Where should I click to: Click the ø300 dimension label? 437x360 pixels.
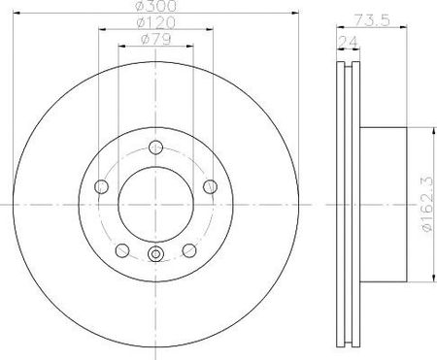[x=155, y=6]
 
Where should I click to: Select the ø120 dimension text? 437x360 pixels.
[x=155, y=22]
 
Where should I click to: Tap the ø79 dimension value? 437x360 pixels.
[x=155, y=39]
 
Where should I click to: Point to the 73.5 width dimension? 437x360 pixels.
[x=372, y=20]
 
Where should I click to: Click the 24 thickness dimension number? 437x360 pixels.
[x=348, y=42]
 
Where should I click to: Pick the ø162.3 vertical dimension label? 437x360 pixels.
[x=426, y=205]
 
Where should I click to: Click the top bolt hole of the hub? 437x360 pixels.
[x=155, y=147]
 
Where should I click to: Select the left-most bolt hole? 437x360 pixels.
[x=101, y=186]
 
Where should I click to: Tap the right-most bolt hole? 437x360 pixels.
[x=211, y=186]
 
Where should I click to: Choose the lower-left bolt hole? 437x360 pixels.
[x=122, y=250]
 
